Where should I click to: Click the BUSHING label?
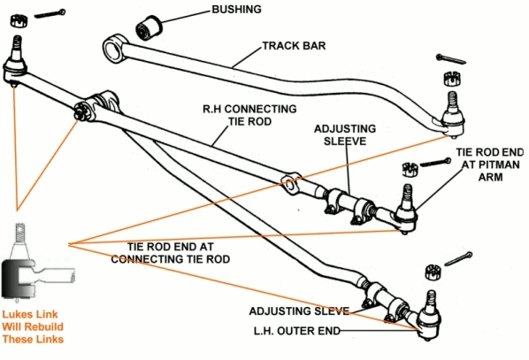tap(236, 10)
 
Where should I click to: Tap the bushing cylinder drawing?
tap(149, 27)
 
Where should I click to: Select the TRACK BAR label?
tap(294, 46)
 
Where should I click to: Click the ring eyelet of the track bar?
tap(115, 50)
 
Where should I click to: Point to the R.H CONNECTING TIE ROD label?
tap(249, 115)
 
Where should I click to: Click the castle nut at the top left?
tap(19, 21)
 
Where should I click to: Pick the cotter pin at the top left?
tap(50, 13)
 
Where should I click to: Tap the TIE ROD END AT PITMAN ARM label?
tap(490, 165)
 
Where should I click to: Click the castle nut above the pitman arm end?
tap(410, 169)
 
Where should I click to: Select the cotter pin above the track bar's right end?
tap(451, 58)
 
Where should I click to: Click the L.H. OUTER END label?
tap(297, 331)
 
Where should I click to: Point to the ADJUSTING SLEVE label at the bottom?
tap(299, 311)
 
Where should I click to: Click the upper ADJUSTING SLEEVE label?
tap(345, 135)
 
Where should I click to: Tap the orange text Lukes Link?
tap(30, 315)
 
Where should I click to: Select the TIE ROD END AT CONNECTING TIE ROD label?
tap(171, 253)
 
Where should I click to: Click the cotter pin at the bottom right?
tap(458, 259)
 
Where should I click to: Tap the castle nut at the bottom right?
tap(433, 272)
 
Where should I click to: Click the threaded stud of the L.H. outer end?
tap(431, 301)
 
